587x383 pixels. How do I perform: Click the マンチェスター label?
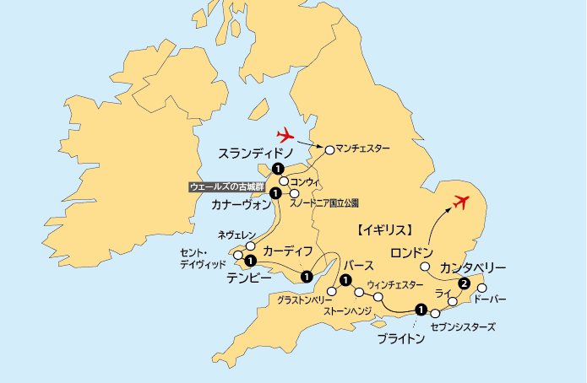[363, 149]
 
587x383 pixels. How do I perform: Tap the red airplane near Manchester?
[288, 134]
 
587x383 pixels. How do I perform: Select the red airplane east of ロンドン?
[460, 202]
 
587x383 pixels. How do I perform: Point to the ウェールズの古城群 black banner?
[226, 186]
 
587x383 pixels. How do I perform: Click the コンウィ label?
[303, 181]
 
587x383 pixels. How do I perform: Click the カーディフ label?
[288, 251]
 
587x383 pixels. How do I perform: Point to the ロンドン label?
[412, 252]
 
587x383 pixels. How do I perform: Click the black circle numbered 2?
[463, 283]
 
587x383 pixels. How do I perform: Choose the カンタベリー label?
[473, 267]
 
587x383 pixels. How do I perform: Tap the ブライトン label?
[400, 339]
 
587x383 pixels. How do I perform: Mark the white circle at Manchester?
[329, 149]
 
